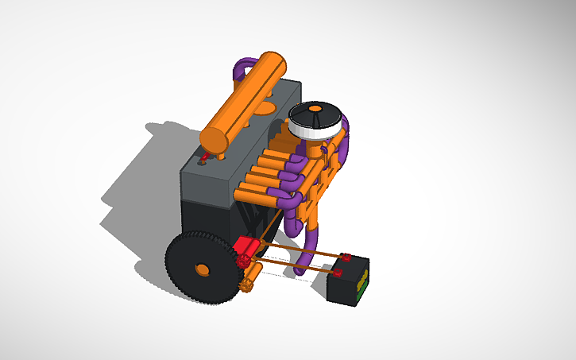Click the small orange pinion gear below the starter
point(245,281)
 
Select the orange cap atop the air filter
point(315,107)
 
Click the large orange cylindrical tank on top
point(246,95)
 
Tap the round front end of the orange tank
point(213,140)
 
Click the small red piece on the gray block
point(204,160)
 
